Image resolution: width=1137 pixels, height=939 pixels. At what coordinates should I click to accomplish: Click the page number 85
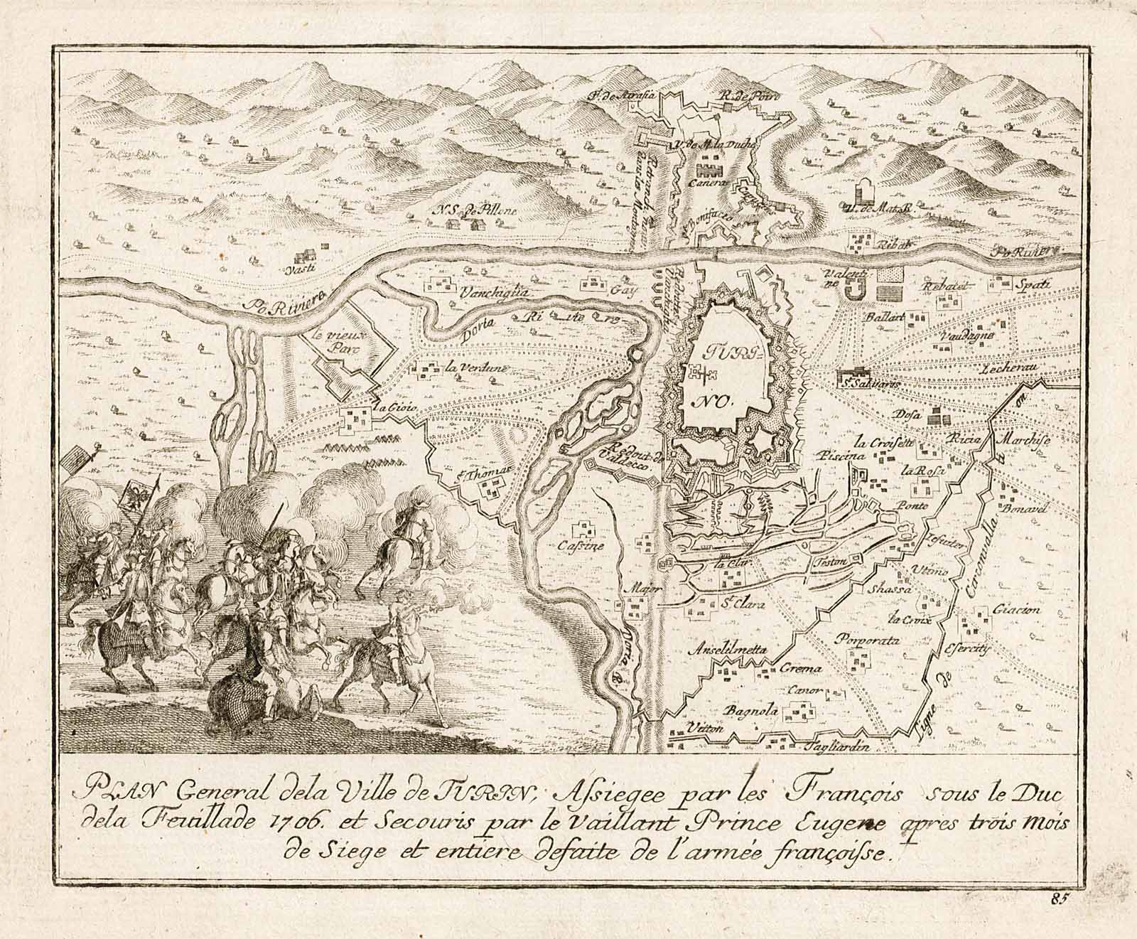tap(1062, 897)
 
